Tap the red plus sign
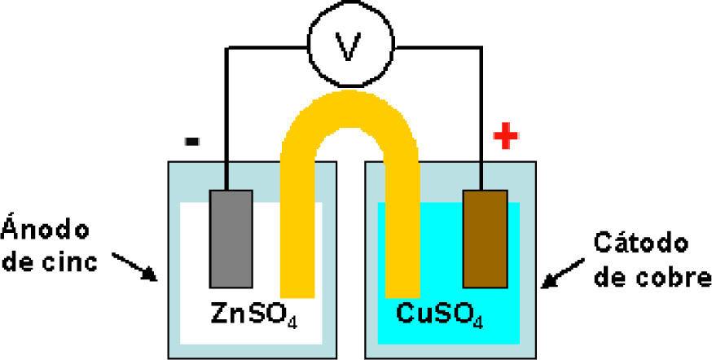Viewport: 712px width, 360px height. pos(506,138)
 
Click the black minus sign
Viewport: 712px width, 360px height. pos(192,142)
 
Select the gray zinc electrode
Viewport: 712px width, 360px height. pos(230,239)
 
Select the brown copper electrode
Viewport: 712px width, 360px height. pos(485,239)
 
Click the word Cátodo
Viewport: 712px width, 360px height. pos(641,242)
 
